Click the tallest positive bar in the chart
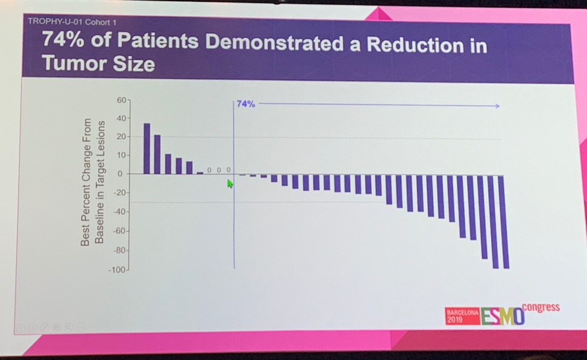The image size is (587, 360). [146, 148]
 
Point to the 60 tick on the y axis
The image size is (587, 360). [122, 99]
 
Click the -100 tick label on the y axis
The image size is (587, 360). [118, 270]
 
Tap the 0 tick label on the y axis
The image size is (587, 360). [120, 174]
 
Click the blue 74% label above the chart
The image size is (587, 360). [246, 104]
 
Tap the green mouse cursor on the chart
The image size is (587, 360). [230, 183]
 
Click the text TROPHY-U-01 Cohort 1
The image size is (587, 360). [72, 22]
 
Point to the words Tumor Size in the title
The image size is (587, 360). [98, 64]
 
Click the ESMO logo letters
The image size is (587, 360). [502, 316]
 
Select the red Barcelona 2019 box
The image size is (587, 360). [462, 316]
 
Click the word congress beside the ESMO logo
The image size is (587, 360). [541, 308]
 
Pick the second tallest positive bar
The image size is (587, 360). [157, 154]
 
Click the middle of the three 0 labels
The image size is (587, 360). [219, 170]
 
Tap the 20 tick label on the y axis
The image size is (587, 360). [121, 136]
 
